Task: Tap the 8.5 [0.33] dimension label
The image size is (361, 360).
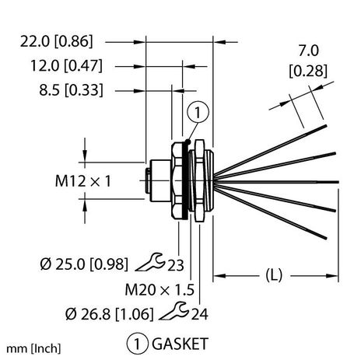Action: pyautogui.click(x=64, y=90)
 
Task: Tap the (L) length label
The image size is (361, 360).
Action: pyautogui.click(x=275, y=274)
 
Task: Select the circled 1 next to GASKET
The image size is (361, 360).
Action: pyautogui.click(x=136, y=341)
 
